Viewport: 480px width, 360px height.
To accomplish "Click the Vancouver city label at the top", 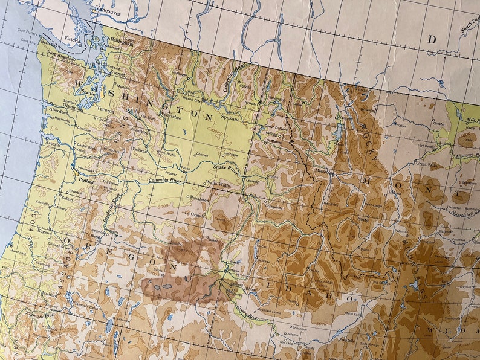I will click(x=108, y=12).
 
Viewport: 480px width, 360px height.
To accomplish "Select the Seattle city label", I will click(x=89, y=92).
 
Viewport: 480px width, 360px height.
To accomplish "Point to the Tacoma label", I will click(x=105, y=109).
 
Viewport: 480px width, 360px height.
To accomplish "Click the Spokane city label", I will click(x=230, y=118).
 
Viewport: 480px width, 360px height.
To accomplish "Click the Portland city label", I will click(x=88, y=181).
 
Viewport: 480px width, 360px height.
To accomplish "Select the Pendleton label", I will click(x=200, y=198).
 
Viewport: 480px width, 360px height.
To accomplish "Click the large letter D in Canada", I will click(x=432, y=39).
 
